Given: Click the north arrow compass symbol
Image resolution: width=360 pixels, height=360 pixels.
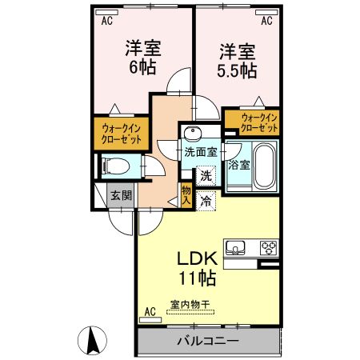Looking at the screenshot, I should [x=92, y=341].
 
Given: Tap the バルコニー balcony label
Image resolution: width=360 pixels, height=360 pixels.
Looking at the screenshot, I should [x=207, y=342].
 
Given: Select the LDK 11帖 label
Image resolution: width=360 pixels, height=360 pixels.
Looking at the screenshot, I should [x=194, y=269].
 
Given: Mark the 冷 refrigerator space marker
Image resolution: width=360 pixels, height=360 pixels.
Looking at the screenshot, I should [x=207, y=202].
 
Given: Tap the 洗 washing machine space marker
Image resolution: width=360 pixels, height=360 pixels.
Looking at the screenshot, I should [x=206, y=175].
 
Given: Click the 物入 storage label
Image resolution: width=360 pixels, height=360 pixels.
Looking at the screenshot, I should [x=186, y=196].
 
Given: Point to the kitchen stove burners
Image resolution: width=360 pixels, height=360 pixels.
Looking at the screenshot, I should [x=267, y=247].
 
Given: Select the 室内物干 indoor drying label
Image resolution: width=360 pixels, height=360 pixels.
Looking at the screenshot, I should [x=190, y=305].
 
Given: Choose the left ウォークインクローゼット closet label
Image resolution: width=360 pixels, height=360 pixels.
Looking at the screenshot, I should [x=122, y=133].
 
